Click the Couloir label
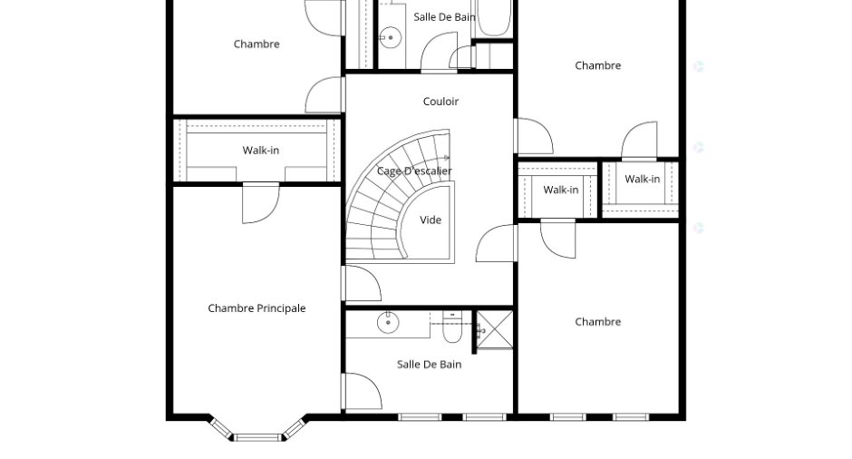point(441,102)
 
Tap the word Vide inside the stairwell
point(431,220)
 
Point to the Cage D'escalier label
point(414,171)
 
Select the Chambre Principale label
point(257,308)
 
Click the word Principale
point(281,308)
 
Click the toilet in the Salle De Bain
point(452,327)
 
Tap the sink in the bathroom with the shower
point(388,323)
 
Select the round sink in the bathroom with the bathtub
point(390,38)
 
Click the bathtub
point(493,17)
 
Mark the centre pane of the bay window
point(258,437)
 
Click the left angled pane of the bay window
point(222,428)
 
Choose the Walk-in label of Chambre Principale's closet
point(261,151)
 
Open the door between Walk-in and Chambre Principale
point(261,203)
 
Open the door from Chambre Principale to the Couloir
point(363,283)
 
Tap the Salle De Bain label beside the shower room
point(430,365)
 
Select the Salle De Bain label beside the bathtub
point(444,17)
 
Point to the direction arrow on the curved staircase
point(447,158)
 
